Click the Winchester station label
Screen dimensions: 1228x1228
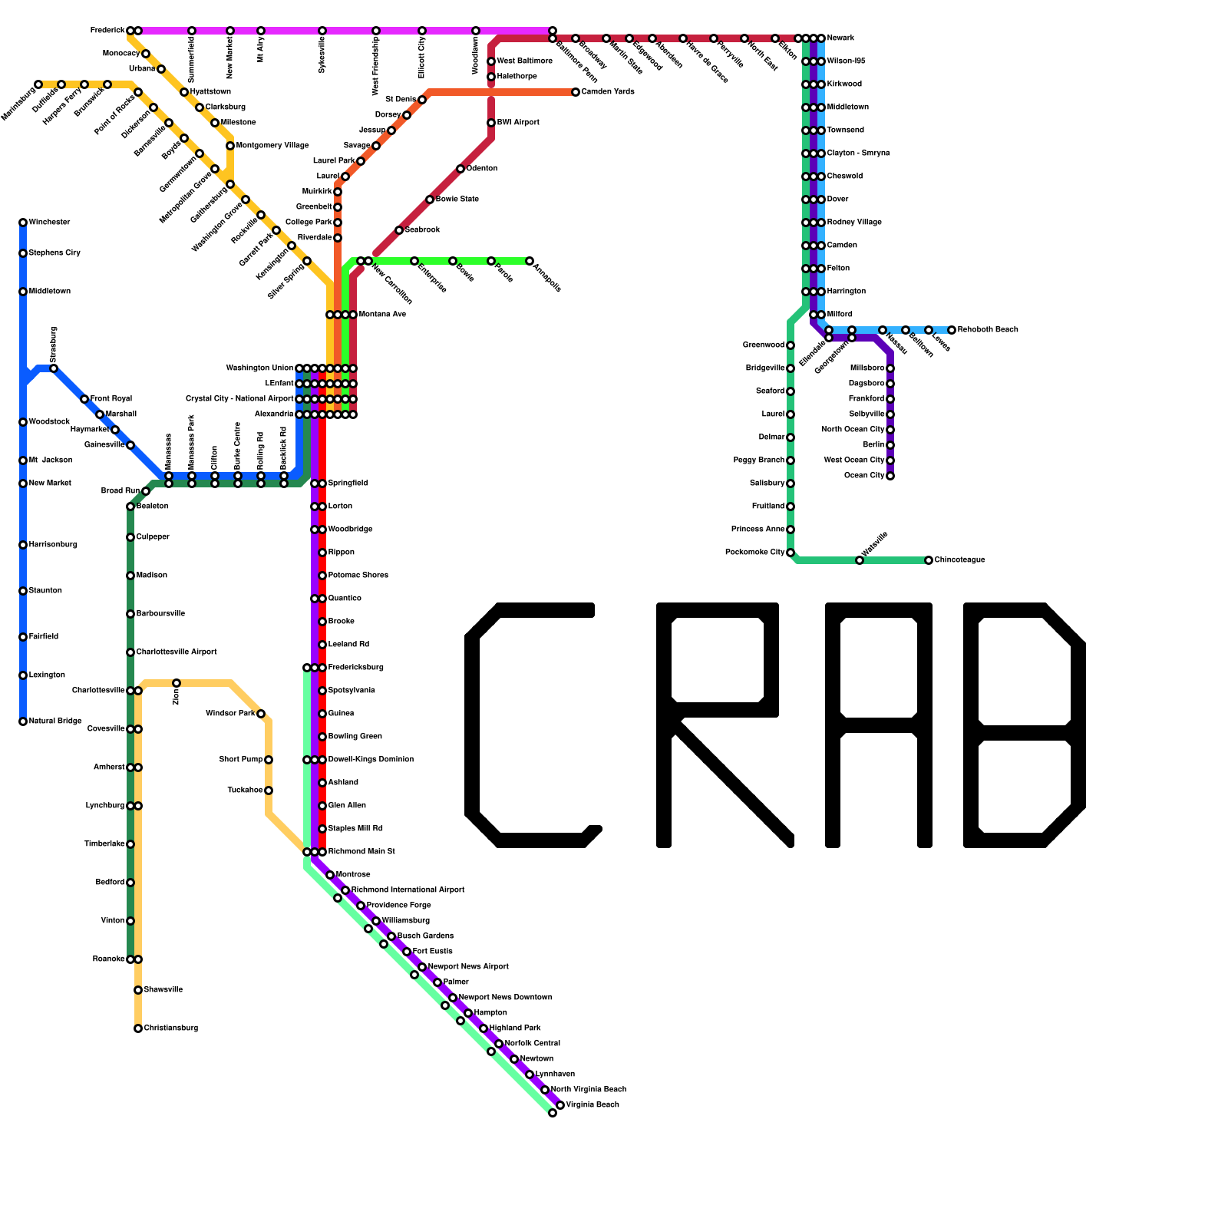(49, 223)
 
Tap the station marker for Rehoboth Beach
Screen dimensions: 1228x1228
(952, 330)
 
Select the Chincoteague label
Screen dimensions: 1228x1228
(959, 560)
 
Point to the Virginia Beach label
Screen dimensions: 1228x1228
(593, 1105)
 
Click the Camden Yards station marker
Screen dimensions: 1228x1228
(576, 92)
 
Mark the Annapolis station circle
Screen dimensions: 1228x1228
(530, 261)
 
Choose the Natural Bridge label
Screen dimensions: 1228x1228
(55, 721)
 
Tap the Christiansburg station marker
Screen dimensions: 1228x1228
(138, 1028)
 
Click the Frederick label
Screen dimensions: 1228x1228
(107, 31)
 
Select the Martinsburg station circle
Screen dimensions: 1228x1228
(38, 84)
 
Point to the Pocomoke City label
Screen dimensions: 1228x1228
(754, 553)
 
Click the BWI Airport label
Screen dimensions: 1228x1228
(518, 123)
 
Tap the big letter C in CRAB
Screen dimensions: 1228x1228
(530, 725)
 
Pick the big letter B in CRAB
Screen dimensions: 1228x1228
(1025, 725)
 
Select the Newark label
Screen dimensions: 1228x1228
(840, 38)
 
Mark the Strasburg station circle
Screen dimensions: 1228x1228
(54, 368)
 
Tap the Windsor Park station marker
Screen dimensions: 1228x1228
(261, 714)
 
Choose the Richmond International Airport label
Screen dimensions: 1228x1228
(408, 890)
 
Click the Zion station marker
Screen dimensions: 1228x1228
(177, 683)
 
